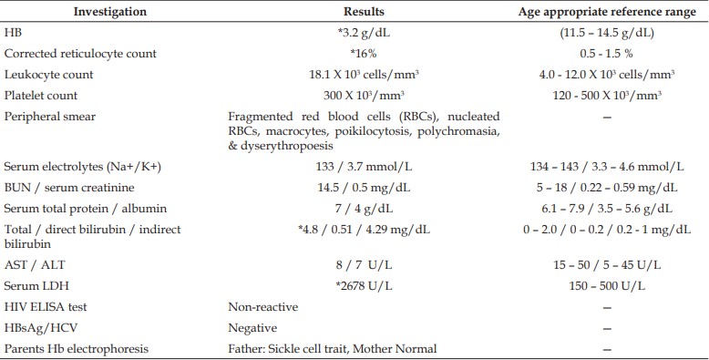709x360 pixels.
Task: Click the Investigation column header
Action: (x=110, y=12)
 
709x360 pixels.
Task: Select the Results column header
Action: (x=364, y=12)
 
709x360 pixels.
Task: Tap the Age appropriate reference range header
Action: (x=607, y=12)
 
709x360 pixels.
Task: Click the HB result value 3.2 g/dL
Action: (x=364, y=33)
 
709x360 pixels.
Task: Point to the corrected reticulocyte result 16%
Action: (x=364, y=54)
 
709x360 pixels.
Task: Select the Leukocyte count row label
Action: (x=49, y=75)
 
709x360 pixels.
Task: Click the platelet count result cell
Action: (x=364, y=96)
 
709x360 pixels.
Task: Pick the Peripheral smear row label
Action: (x=50, y=117)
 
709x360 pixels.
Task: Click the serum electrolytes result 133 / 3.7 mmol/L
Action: (x=364, y=167)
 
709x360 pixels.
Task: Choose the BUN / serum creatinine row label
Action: (x=69, y=188)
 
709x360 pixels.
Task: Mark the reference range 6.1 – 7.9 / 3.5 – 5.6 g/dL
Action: (x=607, y=209)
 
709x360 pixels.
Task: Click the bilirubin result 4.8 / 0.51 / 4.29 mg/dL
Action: (x=364, y=230)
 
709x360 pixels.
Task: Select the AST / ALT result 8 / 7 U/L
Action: (x=364, y=265)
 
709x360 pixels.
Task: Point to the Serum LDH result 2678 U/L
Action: (x=364, y=286)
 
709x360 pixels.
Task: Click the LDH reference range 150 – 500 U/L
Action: (x=607, y=286)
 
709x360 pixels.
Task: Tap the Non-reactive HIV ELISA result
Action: (x=263, y=307)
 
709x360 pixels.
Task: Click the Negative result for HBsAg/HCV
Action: (x=252, y=328)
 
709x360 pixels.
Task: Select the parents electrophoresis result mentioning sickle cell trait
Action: (x=333, y=349)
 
